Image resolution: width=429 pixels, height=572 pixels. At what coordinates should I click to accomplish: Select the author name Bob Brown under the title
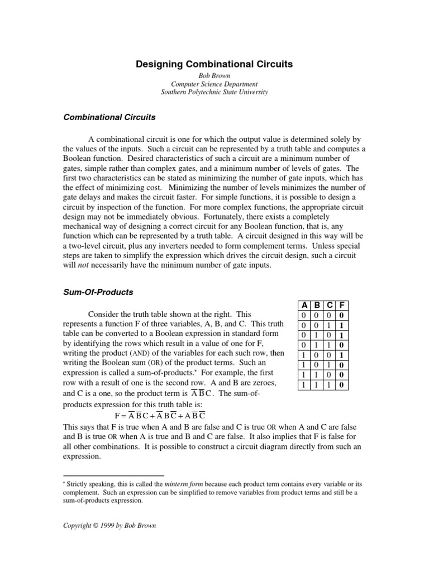[214, 75]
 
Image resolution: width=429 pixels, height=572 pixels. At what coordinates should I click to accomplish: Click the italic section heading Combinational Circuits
[109, 118]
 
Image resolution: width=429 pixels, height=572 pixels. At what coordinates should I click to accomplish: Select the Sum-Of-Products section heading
[98, 292]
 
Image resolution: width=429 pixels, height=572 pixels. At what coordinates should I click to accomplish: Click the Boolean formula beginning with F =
[160, 416]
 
